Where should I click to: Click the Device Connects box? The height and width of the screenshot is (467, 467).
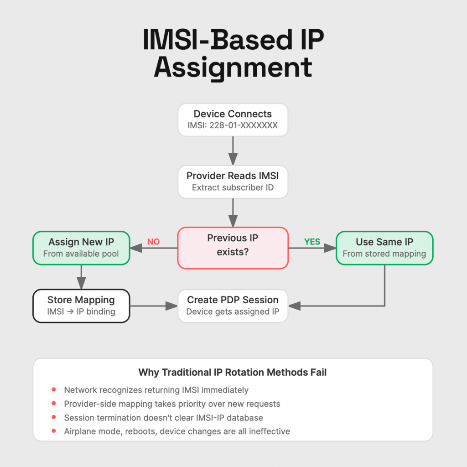[233, 119]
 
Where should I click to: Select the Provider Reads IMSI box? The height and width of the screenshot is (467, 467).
[233, 182]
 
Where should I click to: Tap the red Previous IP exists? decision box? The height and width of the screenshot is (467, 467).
[233, 248]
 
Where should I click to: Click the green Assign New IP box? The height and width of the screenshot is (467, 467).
[81, 248]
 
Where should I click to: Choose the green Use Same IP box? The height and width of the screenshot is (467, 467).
[384, 248]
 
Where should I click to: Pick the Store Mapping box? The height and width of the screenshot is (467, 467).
[81, 306]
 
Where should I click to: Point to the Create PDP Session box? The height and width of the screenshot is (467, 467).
[233, 306]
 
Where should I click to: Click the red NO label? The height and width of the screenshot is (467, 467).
[154, 242]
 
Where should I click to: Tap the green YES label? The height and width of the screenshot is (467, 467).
[312, 242]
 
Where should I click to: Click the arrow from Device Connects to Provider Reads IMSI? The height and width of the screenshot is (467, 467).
[233, 150]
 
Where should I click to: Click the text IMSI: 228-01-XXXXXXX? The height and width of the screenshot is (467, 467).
[233, 125]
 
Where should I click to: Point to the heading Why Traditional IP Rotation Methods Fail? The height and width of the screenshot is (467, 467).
[233, 373]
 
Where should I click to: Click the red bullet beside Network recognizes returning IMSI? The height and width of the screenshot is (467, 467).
[54, 390]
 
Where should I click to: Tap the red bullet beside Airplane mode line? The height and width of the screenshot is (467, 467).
[54, 431]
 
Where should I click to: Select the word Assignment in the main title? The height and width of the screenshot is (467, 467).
[233, 67]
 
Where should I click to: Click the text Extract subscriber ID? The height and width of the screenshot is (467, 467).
[233, 187]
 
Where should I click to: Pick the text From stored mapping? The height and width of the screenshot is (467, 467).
[384, 254]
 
